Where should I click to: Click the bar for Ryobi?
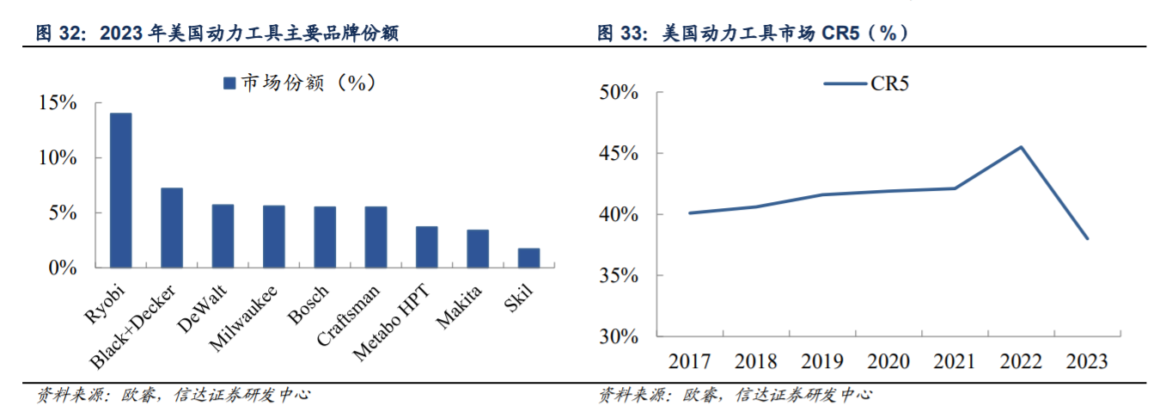click(x=121, y=190)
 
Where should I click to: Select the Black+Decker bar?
click(x=172, y=228)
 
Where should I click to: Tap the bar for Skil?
click(x=528, y=258)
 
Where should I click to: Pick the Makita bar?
click(x=478, y=249)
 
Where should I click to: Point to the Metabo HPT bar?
click(x=427, y=247)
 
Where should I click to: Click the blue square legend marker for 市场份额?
click(x=229, y=83)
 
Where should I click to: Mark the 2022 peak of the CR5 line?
click(x=1021, y=147)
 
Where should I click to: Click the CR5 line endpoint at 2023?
click(x=1087, y=238)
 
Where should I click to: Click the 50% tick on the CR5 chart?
click(x=619, y=92)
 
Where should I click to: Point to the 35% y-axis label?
click(x=619, y=275)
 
